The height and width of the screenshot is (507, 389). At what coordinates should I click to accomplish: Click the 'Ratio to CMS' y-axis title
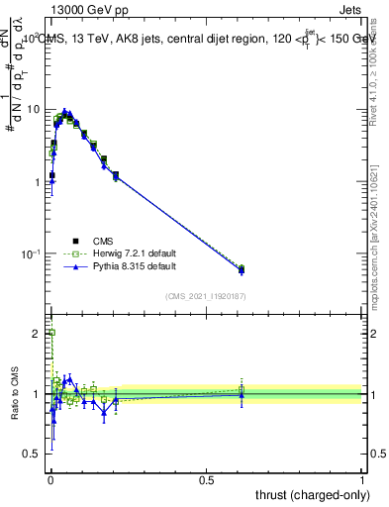14,394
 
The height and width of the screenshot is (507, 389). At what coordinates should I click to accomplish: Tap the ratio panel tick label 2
38,334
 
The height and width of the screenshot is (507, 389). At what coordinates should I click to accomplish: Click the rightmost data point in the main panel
242,269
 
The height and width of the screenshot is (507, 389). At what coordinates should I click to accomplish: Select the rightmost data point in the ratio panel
242,395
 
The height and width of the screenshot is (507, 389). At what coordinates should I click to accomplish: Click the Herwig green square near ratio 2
51,334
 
